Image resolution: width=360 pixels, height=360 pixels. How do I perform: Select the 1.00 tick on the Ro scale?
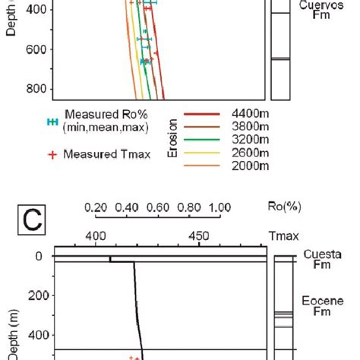(219, 207)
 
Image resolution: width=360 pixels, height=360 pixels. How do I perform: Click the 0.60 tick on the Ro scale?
(157, 207)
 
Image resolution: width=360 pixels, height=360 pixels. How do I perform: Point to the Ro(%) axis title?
(290, 206)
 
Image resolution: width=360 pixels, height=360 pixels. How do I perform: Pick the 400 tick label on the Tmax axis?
(96, 235)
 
